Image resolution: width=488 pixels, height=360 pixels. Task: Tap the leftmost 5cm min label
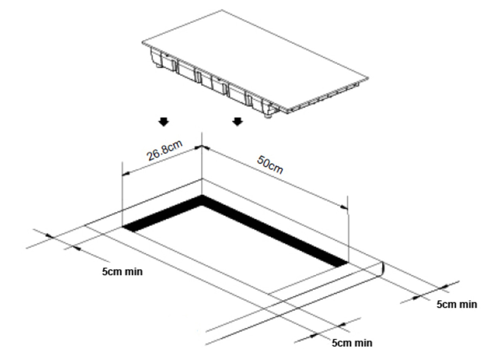pos(122,272)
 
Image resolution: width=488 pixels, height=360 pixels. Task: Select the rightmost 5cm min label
pos(456,304)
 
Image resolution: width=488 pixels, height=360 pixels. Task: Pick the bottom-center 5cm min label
pos(352,343)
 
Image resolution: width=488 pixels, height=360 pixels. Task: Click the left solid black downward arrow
pos(163,122)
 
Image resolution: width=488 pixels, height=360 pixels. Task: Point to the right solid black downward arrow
pos(238,121)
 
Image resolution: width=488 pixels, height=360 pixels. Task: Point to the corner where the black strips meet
pos(202,198)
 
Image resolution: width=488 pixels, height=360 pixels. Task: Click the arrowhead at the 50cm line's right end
pos(345,207)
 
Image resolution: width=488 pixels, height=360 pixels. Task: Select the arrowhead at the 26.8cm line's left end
pos(125,174)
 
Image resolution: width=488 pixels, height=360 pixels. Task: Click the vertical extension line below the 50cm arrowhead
pos(348,236)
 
